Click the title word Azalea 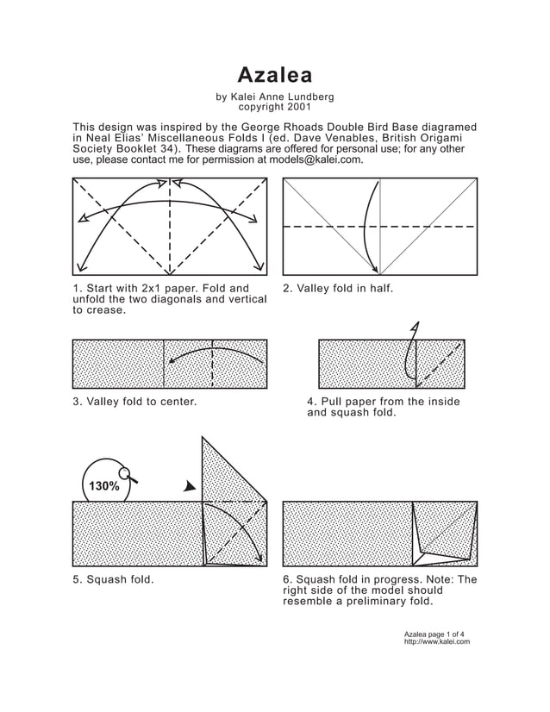pos(275,74)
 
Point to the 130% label pos(103,486)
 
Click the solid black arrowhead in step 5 pos(190,487)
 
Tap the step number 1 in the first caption pos(77,288)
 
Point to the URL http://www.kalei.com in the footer pos(437,642)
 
